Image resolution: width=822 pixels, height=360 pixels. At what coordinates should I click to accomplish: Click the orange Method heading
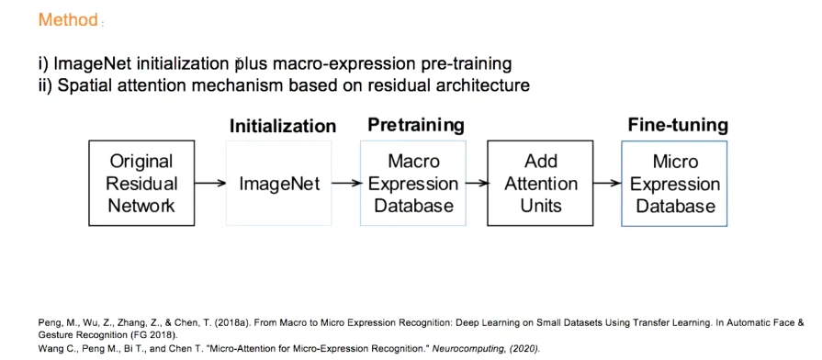pos(68,20)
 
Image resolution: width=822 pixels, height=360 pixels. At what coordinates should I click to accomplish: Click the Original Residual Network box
pos(141,184)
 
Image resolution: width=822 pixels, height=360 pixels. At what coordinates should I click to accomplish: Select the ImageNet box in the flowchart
pos(279,184)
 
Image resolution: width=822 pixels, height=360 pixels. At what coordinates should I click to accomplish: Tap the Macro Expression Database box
pos(413,184)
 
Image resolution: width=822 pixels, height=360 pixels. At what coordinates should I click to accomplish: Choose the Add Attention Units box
pos(540,184)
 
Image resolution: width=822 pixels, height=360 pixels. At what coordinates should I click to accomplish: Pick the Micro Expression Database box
pos(674,184)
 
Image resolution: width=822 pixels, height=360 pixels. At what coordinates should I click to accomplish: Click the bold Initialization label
pos(283,127)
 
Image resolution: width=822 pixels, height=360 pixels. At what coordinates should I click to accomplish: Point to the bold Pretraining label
pos(416,125)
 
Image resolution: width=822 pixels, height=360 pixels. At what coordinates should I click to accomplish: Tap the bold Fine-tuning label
pos(678,125)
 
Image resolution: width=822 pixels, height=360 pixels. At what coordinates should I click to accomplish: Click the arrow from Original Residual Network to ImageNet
pos(210,184)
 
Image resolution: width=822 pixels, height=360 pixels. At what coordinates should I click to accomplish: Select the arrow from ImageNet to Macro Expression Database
pos(346,184)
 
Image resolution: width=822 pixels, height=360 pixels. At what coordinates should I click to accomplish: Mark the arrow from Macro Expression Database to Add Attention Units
pos(477,184)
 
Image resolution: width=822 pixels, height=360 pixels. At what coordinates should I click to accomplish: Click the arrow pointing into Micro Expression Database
pos(608,184)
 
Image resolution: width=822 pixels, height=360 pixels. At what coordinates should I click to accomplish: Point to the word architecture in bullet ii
pos(483,85)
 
